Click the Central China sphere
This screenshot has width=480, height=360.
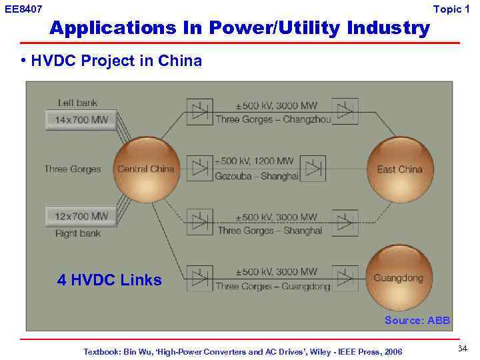pyautogui.click(x=145, y=169)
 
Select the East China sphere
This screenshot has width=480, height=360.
pyautogui.click(x=400, y=169)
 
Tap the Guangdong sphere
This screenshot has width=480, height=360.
pyautogui.click(x=399, y=278)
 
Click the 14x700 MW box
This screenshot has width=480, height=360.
pyautogui.click(x=81, y=121)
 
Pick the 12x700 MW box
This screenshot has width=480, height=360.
pyautogui.click(x=81, y=217)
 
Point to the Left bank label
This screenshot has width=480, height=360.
pyautogui.click(x=77, y=103)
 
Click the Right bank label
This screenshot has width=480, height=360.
pyautogui.click(x=78, y=233)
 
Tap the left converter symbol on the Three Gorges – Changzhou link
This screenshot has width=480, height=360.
pyautogui.click(x=199, y=111)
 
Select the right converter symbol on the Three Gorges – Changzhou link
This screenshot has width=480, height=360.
pyautogui.click(x=345, y=111)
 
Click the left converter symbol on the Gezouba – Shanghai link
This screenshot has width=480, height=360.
pyautogui.click(x=199, y=168)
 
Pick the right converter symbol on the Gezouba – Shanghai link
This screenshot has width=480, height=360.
pyautogui.click(x=313, y=168)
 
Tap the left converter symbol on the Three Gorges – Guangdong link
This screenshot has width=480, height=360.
pyautogui.click(x=199, y=279)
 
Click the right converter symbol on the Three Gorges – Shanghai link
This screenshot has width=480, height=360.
pyautogui.click(x=345, y=223)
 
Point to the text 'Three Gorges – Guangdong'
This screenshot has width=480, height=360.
pyautogui.click(x=273, y=287)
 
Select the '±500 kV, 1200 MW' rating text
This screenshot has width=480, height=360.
pyautogui.click(x=254, y=161)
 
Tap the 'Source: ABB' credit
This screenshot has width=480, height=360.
pyautogui.click(x=417, y=321)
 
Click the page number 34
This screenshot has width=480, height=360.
pyautogui.click(x=463, y=349)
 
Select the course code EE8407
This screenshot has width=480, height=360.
pyautogui.click(x=23, y=9)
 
